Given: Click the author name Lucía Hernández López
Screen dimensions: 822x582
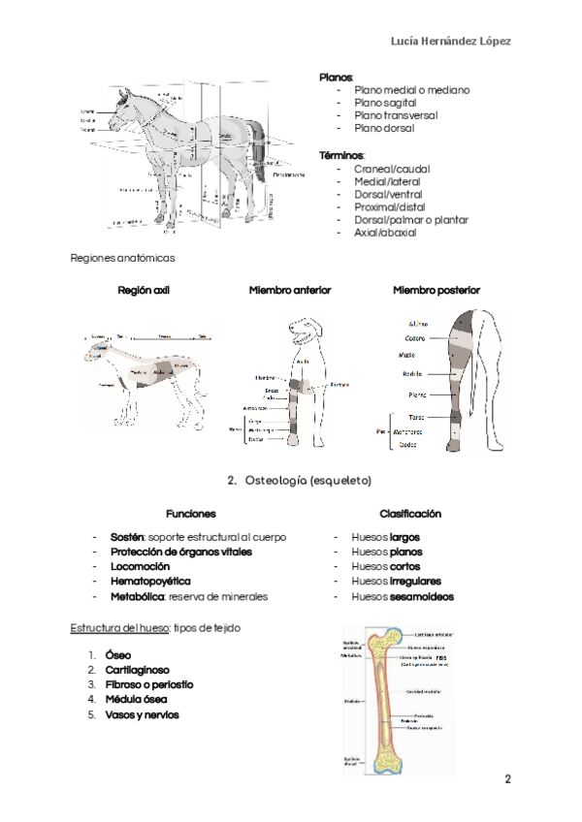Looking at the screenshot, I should tap(450, 41).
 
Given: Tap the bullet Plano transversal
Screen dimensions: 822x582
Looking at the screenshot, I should tap(396, 114).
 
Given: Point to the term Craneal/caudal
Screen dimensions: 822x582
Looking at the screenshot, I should tap(392, 169).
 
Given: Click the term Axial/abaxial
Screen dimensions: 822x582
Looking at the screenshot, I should tap(385, 233).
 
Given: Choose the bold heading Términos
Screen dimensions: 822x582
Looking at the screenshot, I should tap(341, 155).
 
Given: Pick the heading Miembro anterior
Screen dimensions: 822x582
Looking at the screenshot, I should tap(290, 290).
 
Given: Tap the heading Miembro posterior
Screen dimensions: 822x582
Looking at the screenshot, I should tap(436, 290).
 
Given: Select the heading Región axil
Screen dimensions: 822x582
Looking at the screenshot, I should tap(143, 290).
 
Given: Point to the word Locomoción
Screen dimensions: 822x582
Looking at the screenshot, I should tap(140, 566).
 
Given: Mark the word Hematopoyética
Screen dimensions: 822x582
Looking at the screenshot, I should tap(150, 582).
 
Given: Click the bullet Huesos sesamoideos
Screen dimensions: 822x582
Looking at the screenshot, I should tap(403, 597).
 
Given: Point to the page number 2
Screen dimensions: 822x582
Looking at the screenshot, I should tap(506, 778).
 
